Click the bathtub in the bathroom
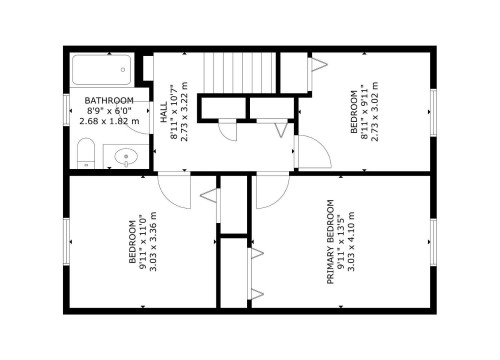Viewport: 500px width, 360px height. [x=99, y=70]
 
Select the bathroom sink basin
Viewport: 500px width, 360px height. [x=125, y=155]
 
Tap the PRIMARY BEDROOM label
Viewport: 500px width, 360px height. [x=331, y=241]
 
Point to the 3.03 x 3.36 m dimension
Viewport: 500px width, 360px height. [x=153, y=241]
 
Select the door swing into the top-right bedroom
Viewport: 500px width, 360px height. [x=310, y=155]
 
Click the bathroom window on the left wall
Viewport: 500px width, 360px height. [x=66, y=111]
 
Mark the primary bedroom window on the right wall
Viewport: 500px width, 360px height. [x=434, y=241]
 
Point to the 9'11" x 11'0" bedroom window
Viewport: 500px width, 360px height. [x=66, y=241]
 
